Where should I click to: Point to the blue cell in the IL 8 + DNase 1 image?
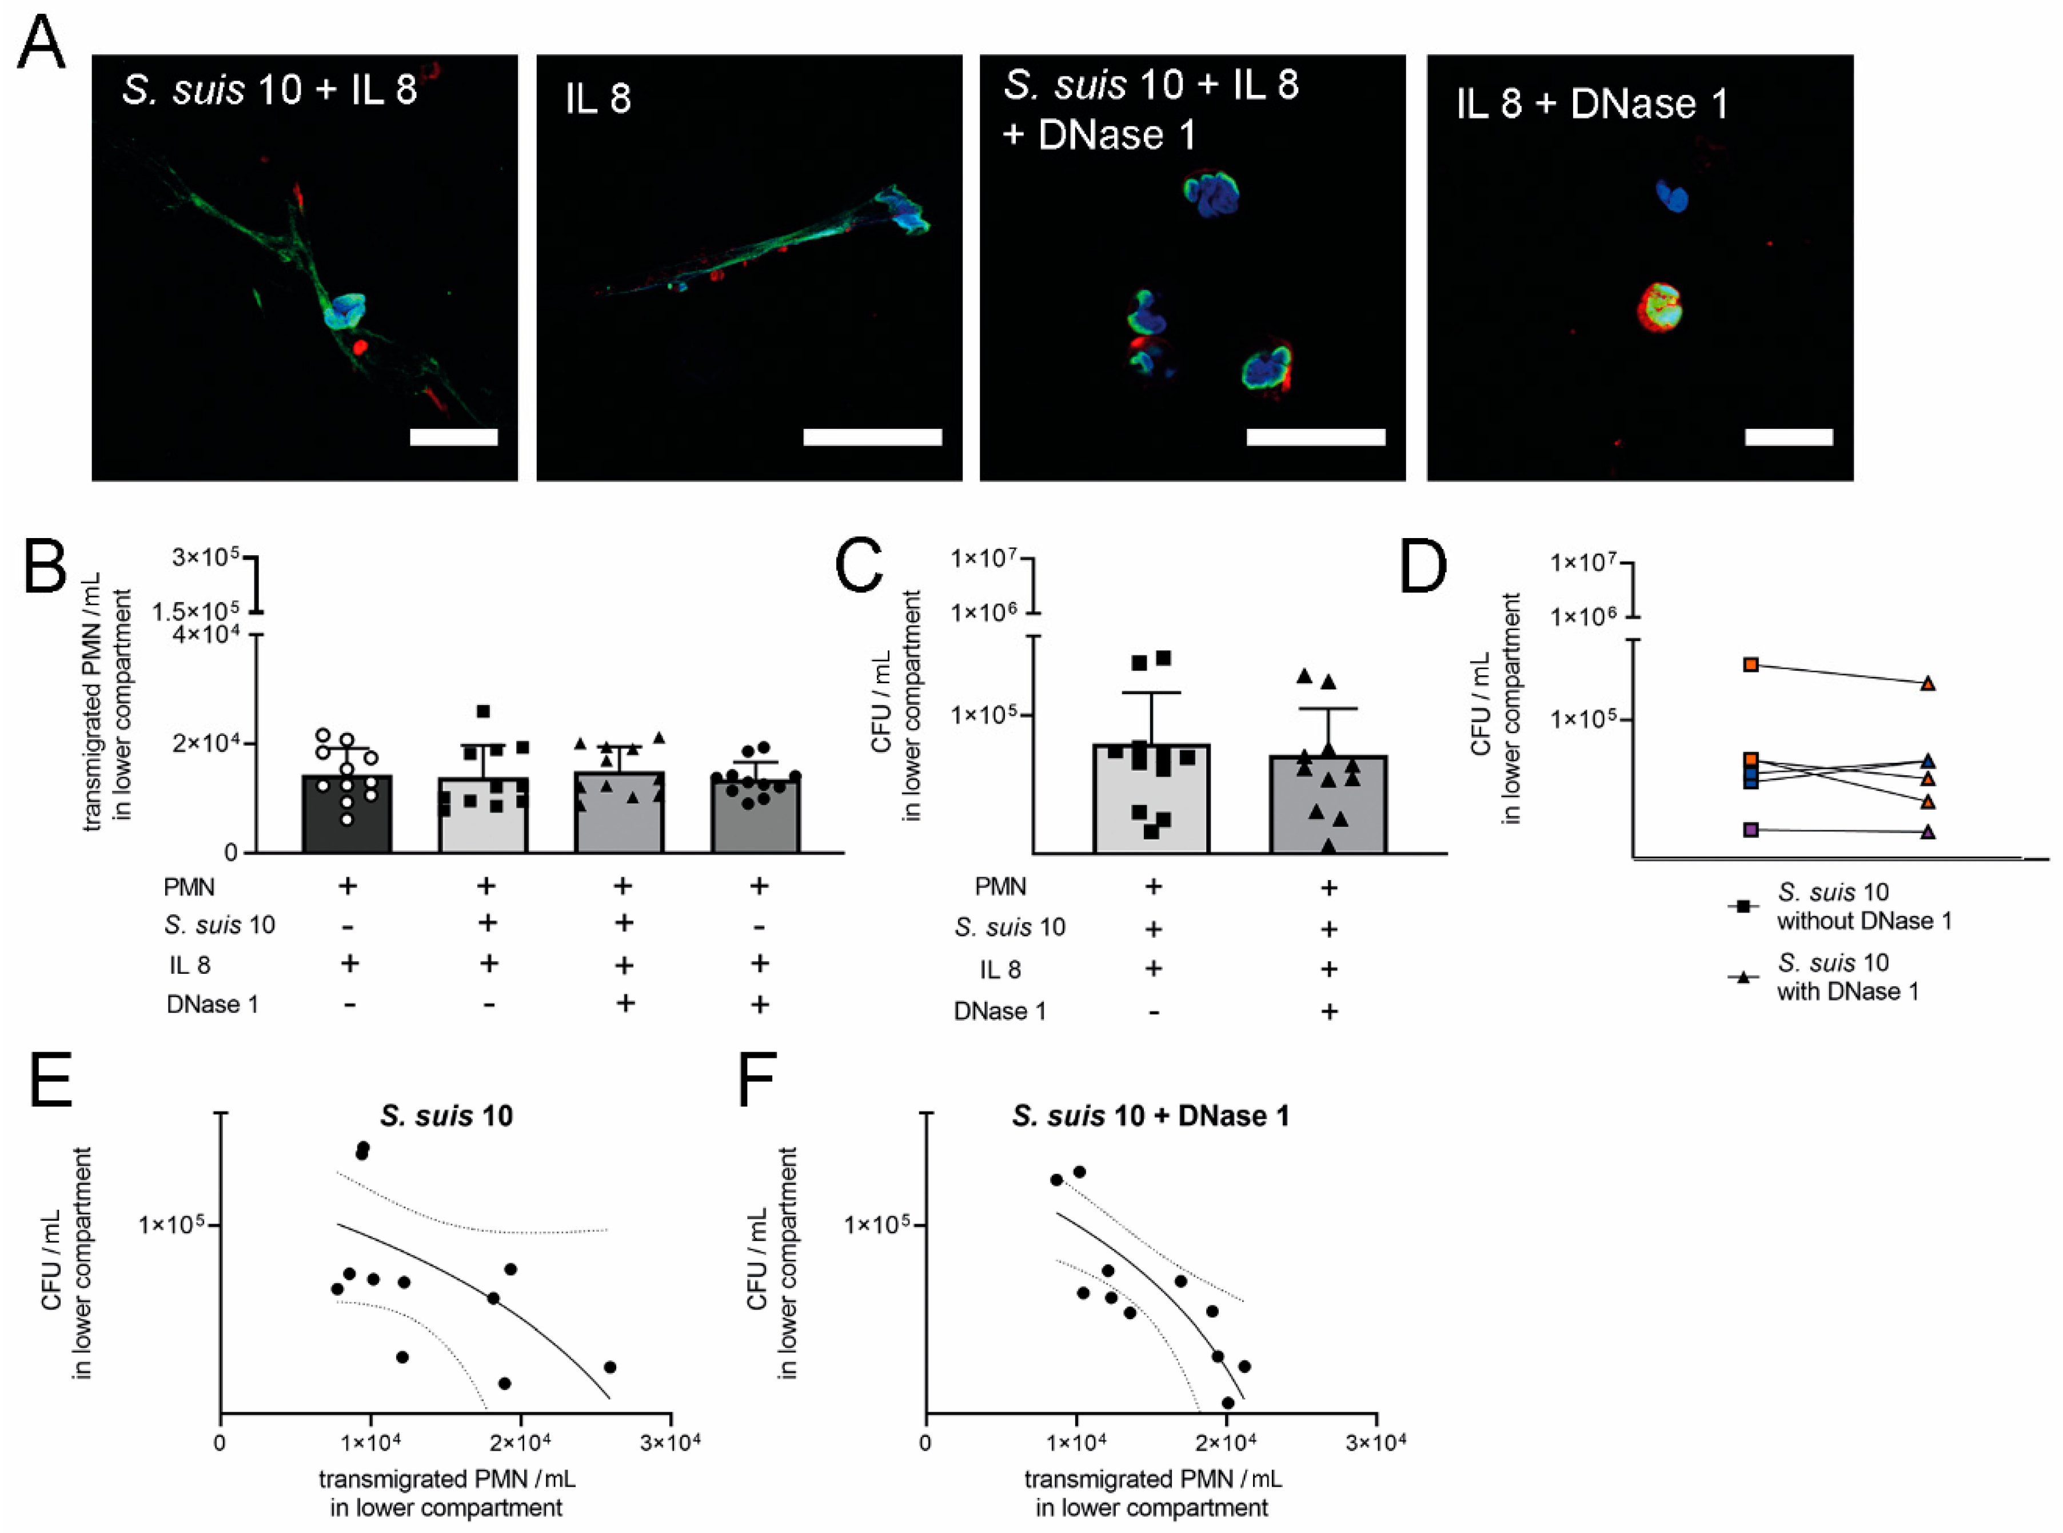(x=1673, y=196)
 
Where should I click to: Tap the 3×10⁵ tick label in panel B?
(x=205, y=558)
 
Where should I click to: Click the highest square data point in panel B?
(x=483, y=712)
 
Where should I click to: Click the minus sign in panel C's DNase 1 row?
(x=1153, y=1012)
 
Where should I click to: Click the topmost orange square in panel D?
(x=1750, y=664)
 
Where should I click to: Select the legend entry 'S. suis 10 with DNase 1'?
(x=1846, y=977)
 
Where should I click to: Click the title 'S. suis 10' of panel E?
(x=446, y=1116)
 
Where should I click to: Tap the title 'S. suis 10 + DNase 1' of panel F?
(x=1150, y=1116)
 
